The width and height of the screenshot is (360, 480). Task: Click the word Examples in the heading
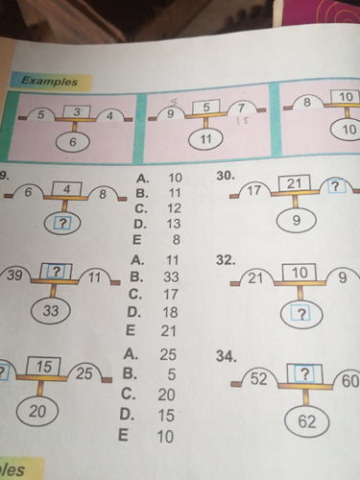point(49,81)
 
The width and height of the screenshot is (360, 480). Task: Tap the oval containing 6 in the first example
point(72,142)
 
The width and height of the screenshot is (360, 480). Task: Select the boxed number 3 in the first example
point(77,112)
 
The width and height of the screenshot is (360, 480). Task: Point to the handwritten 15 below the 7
point(242,121)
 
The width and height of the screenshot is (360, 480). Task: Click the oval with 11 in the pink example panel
point(205,139)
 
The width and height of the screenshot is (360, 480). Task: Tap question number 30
point(226,176)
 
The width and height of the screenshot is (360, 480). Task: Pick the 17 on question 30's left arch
point(254,191)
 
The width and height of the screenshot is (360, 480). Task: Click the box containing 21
point(295,183)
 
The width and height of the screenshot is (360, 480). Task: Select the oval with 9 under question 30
point(297,221)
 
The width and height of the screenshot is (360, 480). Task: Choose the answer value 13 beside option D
point(174,224)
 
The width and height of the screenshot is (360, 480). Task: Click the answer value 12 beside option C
point(174,208)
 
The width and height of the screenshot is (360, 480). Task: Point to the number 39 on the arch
point(14,275)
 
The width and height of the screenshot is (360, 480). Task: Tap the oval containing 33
point(51,310)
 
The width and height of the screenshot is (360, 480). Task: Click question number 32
point(226,260)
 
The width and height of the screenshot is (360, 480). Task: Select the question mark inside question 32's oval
point(300,315)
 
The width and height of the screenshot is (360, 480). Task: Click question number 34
point(227,356)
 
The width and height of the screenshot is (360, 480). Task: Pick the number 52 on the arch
point(258,378)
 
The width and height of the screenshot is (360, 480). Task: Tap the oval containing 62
point(307,421)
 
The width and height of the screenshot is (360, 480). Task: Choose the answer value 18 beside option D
point(170,312)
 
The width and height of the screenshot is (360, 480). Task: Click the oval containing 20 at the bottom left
point(37,412)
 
